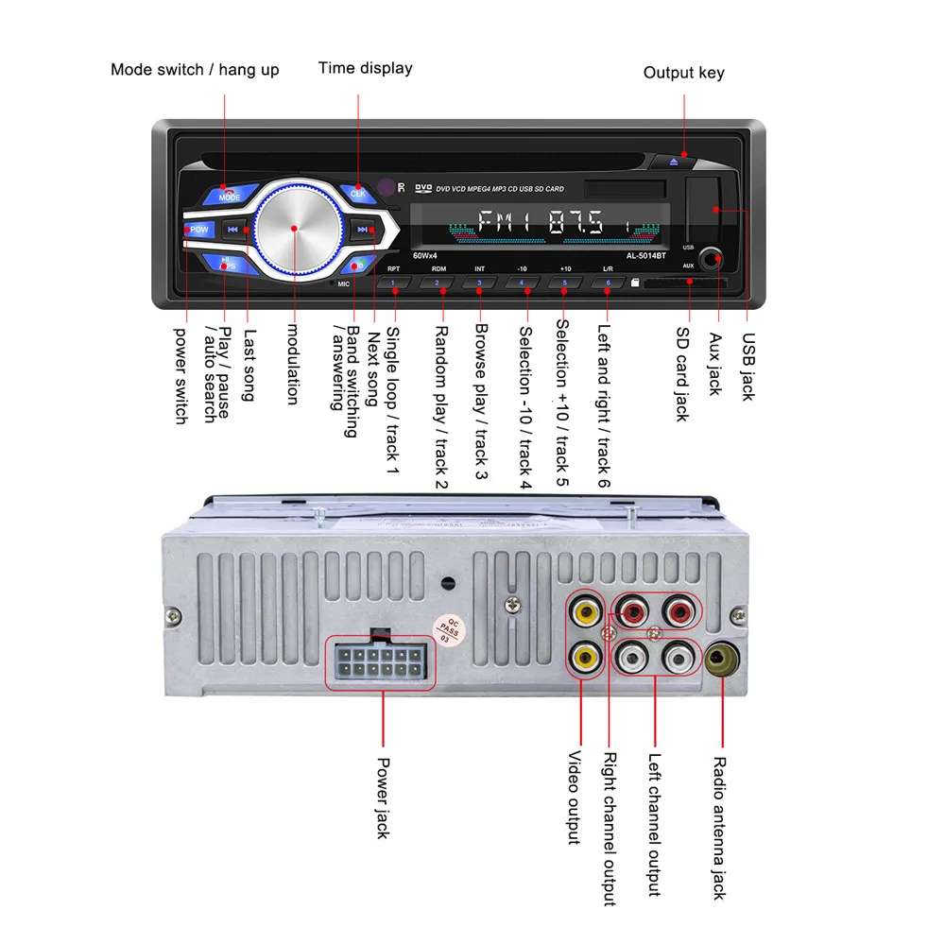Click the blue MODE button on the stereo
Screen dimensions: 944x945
[x=228, y=196]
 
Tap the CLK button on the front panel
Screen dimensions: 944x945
[x=358, y=194]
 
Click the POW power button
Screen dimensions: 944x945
[x=199, y=230]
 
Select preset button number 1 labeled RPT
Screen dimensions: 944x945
[x=393, y=282]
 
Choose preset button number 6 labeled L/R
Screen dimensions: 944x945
[x=607, y=282]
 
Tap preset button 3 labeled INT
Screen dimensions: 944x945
[x=479, y=282]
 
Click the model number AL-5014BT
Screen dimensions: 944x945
[x=647, y=255]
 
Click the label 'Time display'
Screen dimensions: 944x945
[x=365, y=68]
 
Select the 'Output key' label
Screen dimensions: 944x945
[x=684, y=73]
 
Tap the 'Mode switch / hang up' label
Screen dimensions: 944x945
[x=195, y=69]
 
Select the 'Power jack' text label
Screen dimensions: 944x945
[x=384, y=797]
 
